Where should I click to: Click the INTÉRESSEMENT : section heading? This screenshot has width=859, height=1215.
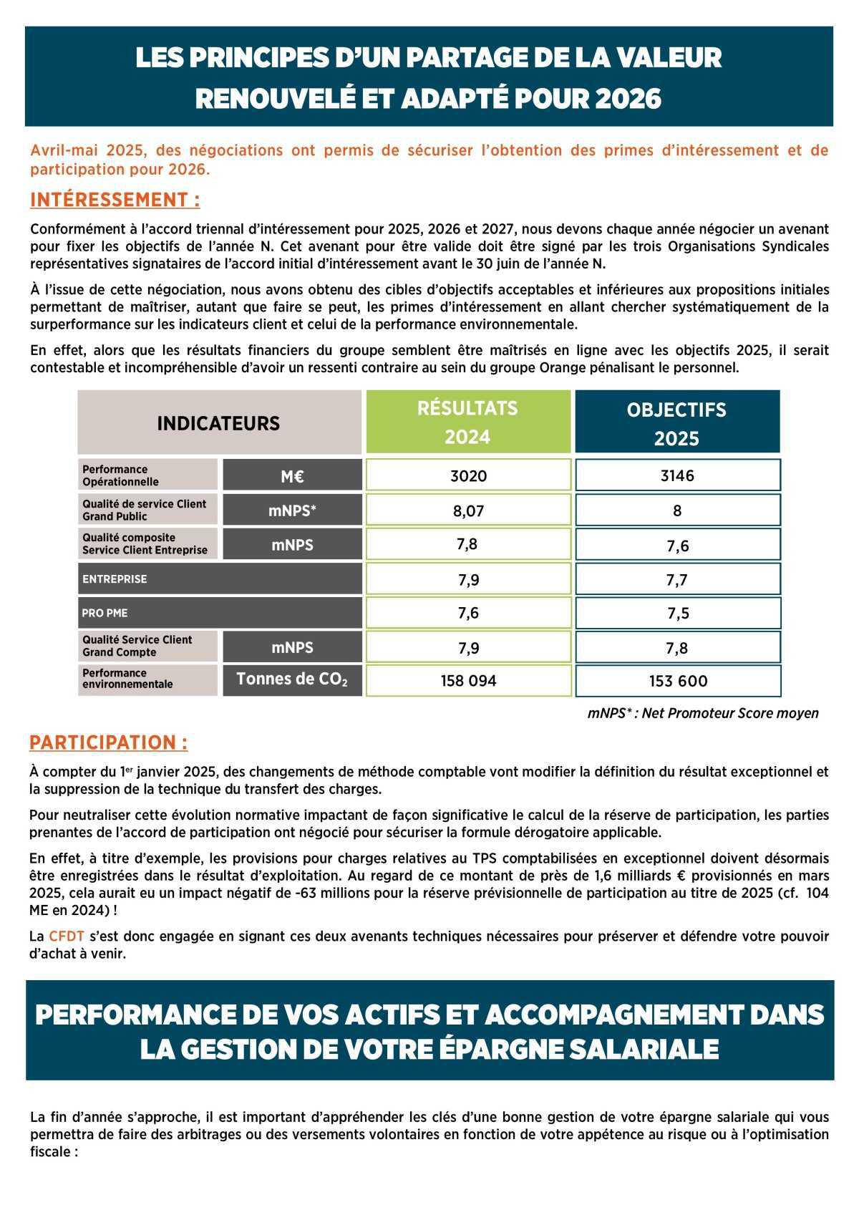[115, 200]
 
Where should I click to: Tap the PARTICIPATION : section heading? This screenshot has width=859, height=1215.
[109, 742]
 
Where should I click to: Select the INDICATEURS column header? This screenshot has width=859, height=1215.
[218, 423]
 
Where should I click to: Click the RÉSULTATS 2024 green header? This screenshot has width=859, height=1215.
[468, 422]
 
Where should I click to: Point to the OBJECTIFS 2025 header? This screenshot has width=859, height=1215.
[676, 423]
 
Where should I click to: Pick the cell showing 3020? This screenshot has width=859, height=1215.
[468, 475]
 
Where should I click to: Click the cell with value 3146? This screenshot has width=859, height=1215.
[677, 475]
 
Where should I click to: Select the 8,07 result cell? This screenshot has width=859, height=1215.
[468, 510]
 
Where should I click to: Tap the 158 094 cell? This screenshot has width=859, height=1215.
[468, 681]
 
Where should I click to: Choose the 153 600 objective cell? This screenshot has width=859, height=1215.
[678, 681]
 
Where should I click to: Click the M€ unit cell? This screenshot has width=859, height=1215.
[292, 476]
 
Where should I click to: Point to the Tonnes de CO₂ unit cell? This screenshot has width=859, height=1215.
[292, 679]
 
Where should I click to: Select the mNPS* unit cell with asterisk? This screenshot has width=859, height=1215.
[292, 510]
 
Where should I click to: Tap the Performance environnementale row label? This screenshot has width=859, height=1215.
[127, 679]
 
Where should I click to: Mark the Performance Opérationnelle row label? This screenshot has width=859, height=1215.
[120, 475]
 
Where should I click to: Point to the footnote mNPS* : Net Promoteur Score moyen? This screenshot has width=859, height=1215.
[703, 713]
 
